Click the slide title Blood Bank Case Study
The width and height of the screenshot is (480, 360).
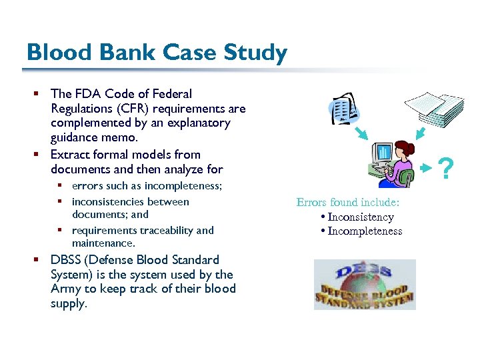(x=157, y=52)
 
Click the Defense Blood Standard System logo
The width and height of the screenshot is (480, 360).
(x=365, y=285)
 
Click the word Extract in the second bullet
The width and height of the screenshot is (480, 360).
(x=69, y=155)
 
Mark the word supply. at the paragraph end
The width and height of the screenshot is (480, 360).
(x=69, y=303)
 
